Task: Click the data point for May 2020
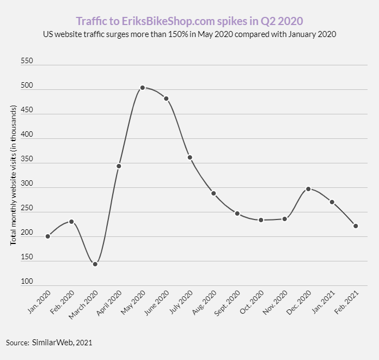point(142,88)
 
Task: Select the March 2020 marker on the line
point(95,264)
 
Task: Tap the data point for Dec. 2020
point(308,189)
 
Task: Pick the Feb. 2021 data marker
point(356,226)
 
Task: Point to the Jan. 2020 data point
point(48,236)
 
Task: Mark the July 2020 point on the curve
point(190,157)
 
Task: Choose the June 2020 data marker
point(166,99)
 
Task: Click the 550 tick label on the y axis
point(27,62)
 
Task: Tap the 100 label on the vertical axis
point(27,282)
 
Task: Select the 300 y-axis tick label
point(27,184)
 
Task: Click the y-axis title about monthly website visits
point(14,174)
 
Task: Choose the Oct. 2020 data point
point(261,220)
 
